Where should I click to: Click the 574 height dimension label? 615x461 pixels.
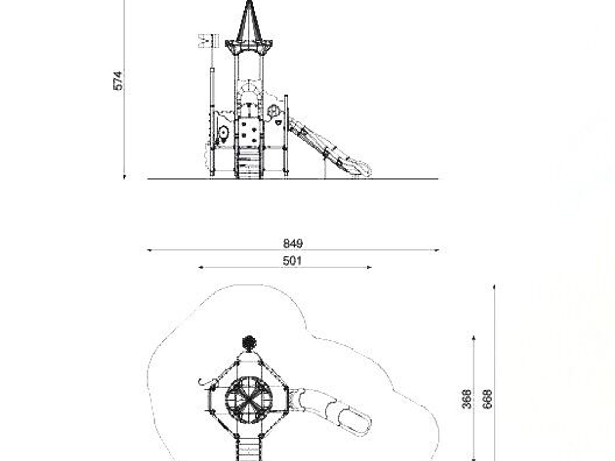point(118,81)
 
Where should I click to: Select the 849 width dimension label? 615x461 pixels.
point(293,243)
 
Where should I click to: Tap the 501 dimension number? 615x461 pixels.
point(293,261)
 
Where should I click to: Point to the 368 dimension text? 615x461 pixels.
point(467,399)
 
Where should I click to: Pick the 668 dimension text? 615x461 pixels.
point(487,399)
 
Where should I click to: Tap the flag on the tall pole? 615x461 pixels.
point(209,41)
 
